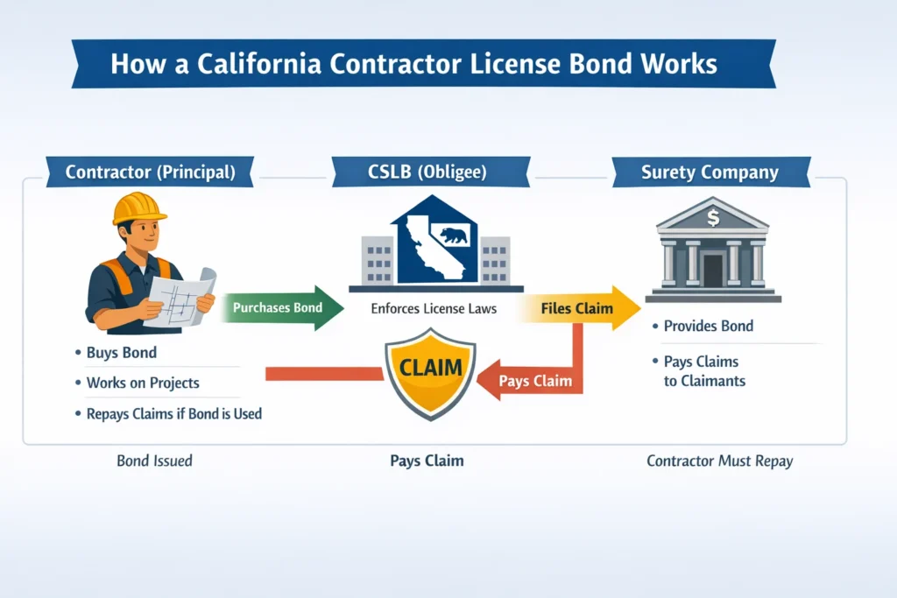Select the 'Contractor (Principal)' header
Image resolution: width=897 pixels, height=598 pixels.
pos(150,172)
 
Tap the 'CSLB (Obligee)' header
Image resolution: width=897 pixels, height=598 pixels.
pos(430,172)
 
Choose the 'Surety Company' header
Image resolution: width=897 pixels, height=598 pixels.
pos(710,172)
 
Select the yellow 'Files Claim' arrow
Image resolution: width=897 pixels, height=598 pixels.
pos(579,308)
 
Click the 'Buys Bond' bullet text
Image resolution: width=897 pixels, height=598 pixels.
pos(121,354)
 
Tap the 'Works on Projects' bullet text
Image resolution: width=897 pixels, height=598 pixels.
pos(143,383)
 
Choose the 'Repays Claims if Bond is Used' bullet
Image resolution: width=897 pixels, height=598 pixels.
pos(173,412)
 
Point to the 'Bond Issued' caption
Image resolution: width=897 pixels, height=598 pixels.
pos(154,461)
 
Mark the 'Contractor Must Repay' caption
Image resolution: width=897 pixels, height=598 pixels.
pos(719,461)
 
